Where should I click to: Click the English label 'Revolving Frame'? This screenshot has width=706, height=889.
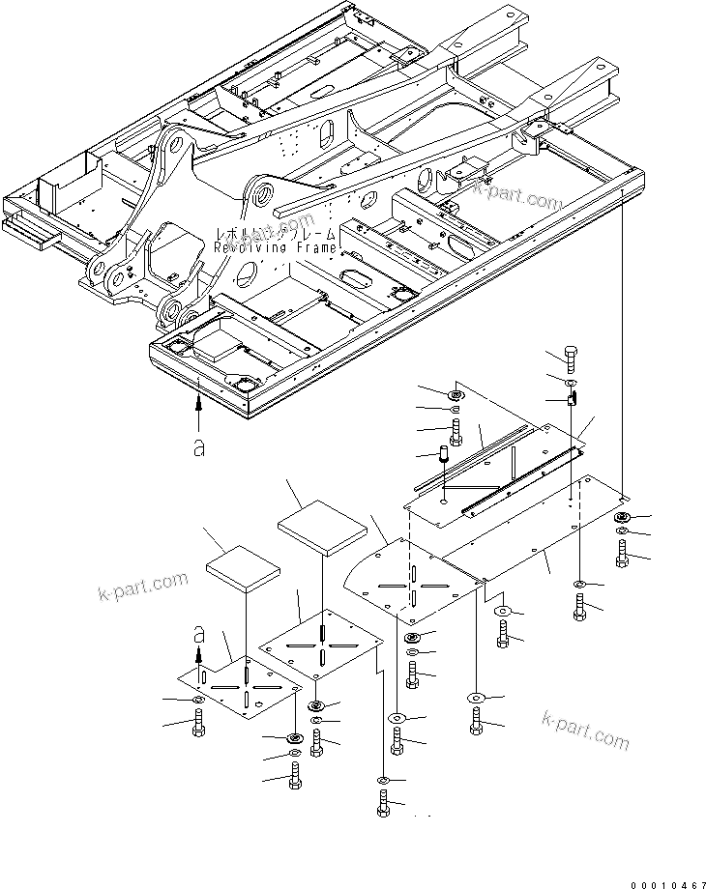pyautogui.click(x=276, y=248)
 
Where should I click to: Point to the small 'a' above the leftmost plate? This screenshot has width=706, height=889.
pyautogui.click(x=200, y=634)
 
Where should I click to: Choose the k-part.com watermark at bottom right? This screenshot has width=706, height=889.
pyautogui.click(x=585, y=731)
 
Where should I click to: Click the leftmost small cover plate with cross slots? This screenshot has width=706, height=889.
pyautogui.click(x=240, y=689)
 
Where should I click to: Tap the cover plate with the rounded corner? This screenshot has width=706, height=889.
pyautogui.click(x=411, y=580)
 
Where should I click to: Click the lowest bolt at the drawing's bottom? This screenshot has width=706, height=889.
pyautogui.click(x=385, y=804)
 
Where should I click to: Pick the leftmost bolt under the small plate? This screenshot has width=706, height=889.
pyautogui.click(x=198, y=723)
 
